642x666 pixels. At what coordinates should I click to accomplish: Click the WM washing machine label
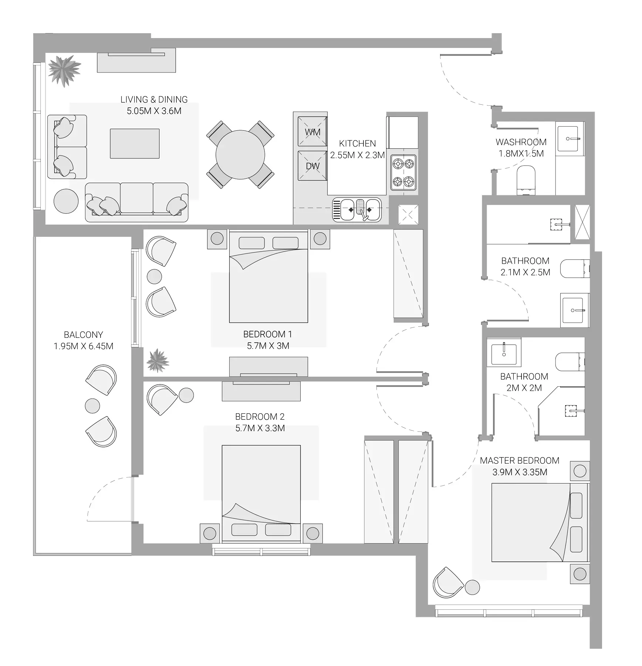[x=312, y=132]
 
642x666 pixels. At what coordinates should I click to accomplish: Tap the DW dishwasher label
[x=312, y=166]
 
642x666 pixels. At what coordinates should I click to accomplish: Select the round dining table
[x=240, y=155]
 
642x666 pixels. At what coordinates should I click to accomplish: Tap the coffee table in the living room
[x=135, y=144]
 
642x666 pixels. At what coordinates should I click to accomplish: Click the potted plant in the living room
[x=64, y=70]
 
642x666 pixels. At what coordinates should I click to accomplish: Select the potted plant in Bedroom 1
[x=158, y=360]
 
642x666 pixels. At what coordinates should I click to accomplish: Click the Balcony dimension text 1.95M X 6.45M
[x=84, y=346]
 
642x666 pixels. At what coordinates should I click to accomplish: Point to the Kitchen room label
[x=357, y=144]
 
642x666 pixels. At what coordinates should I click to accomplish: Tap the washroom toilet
[x=526, y=180]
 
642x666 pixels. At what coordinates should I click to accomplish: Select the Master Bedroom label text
[x=520, y=461]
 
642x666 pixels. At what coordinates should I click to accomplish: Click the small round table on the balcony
[x=92, y=406]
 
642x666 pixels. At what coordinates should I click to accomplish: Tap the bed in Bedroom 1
[x=268, y=276]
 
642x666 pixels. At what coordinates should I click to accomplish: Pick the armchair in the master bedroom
[x=448, y=583]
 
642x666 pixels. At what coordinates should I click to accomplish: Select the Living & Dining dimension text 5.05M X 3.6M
[x=154, y=111]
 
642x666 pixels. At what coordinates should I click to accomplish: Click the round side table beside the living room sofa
[x=66, y=201]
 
